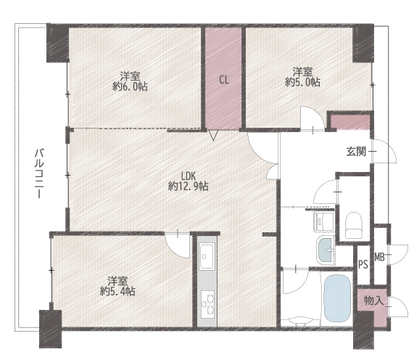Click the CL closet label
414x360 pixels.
pyautogui.click(x=223, y=80)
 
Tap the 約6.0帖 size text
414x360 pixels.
pyautogui.click(x=131, y=86)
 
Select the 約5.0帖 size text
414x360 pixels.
pyautogui.click(x=302, y=82)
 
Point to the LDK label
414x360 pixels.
pyautogui.click(x=188, y=176)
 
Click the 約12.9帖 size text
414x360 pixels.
pyautogui.click(x=189, y=187)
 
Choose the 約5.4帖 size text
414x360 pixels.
pyautogui.click(x=117, y=291)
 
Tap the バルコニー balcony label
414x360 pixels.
pyautogui.click(x=39, y=173)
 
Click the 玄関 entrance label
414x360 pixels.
pyautogui.click(x=356, y=152)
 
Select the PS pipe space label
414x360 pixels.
pyautogui.click(x=363, y=264)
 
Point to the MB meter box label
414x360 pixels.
pyautogui.click(x=379, y=257)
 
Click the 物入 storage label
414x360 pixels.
pyautogui.click(x=373, y=300)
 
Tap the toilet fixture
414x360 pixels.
pyautogui.click(x=354, y=225)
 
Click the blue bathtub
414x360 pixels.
pyautogui.click(x=337, y=298)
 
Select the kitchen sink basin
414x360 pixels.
pyautogui.click(x=207, y=256)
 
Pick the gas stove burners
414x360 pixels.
pyautogui.click(x=207, y=304)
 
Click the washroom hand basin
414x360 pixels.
pyautogui.click(x=326, y=249)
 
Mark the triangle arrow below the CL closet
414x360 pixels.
pyautogui.click(x=213, y=135)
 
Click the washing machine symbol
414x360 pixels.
pyautogui.click(x=323, y=221)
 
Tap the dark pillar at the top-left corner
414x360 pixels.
pyautogui.click(x=57, y=43)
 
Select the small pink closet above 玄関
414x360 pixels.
pyautogui.click(x=350, y=123)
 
